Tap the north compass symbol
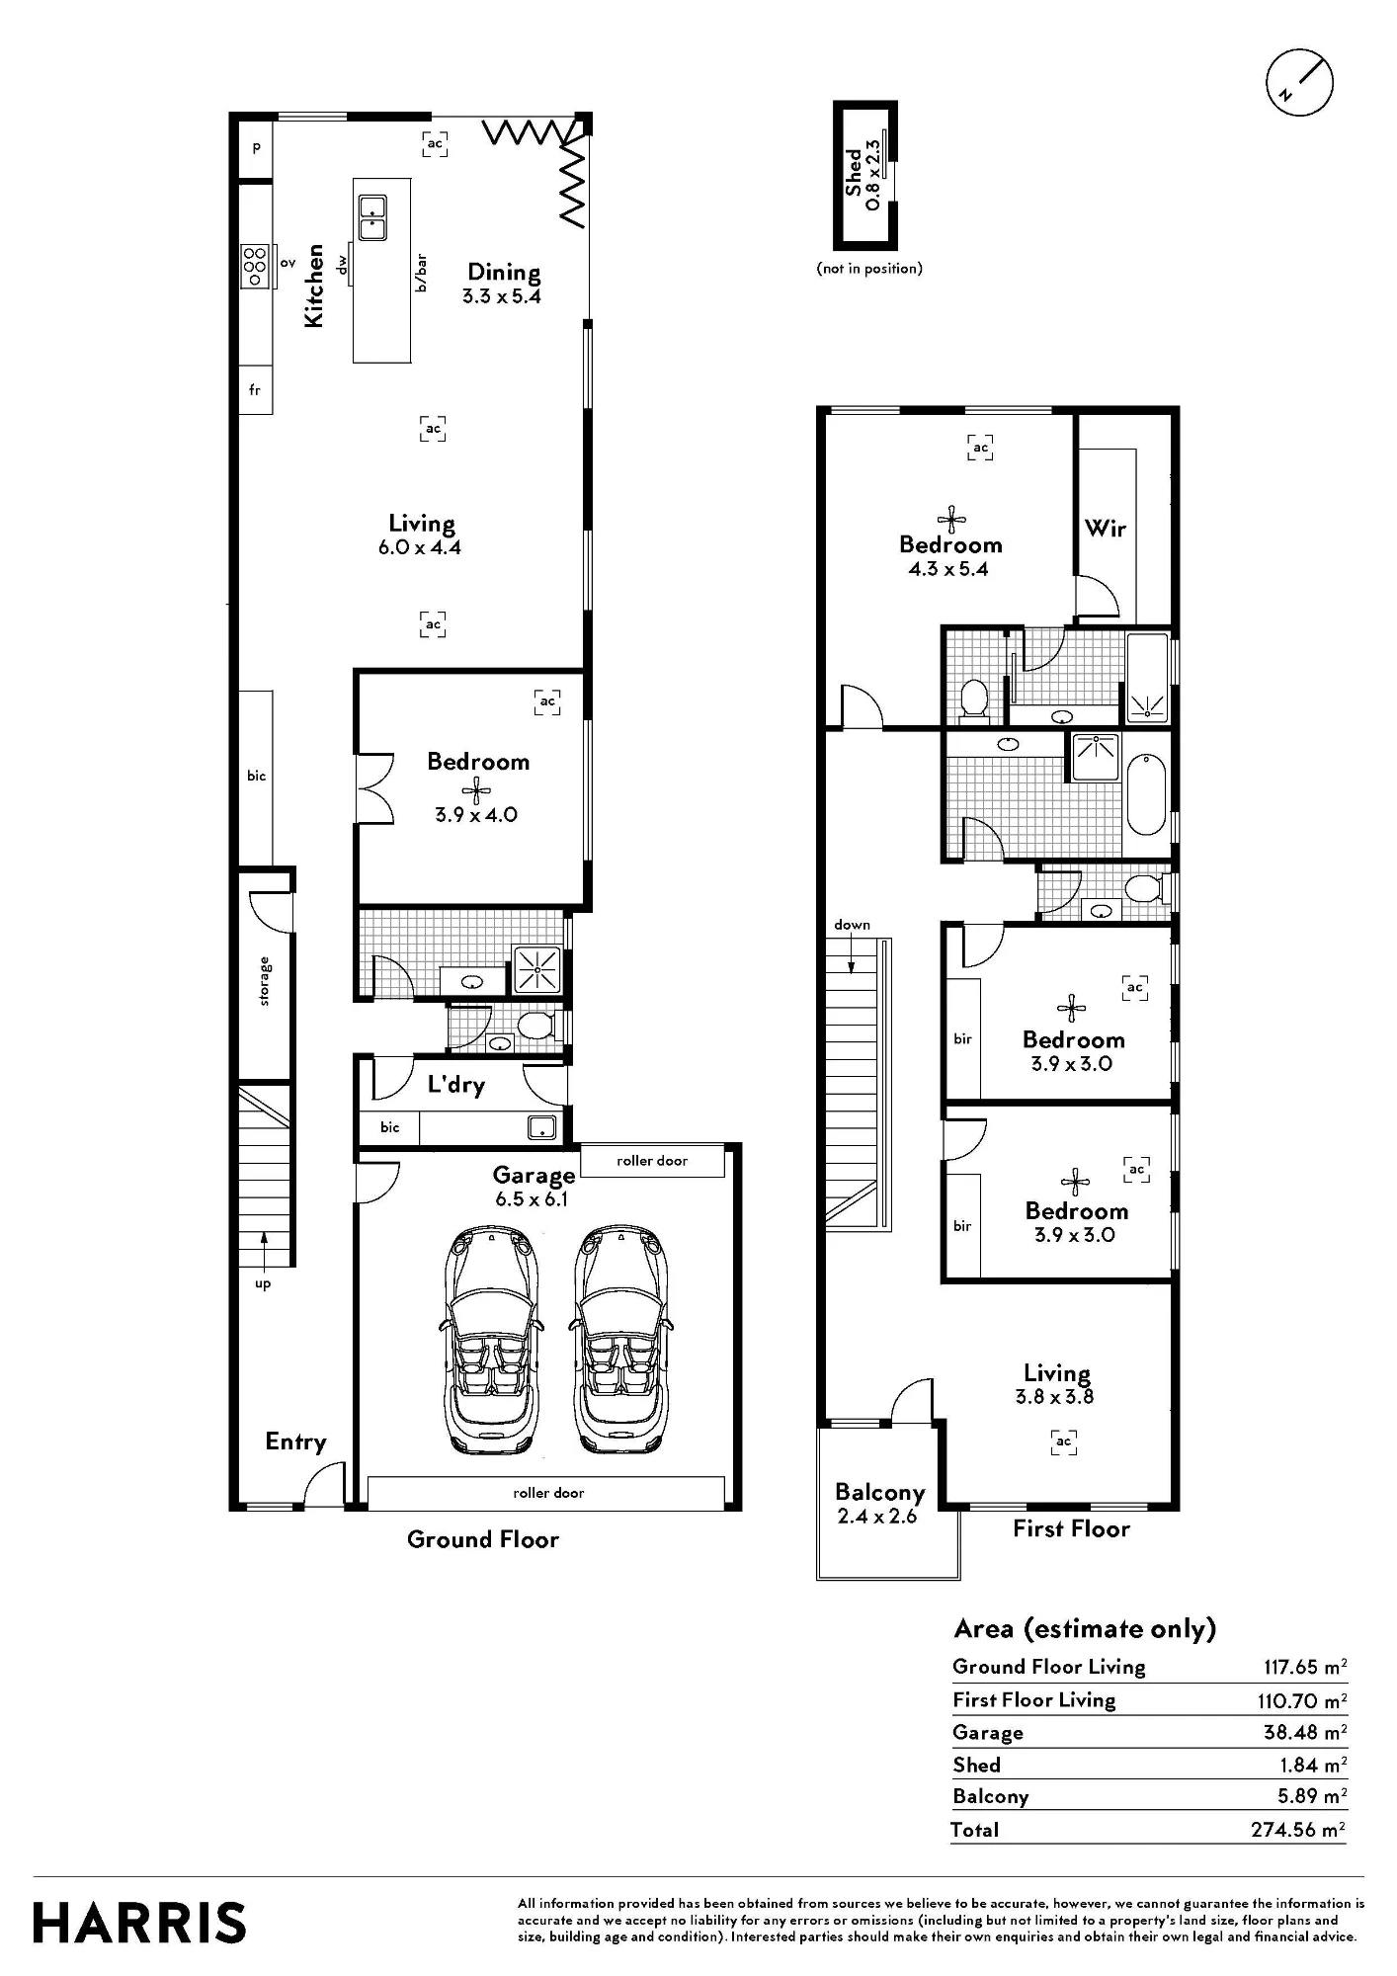coord(1299,83)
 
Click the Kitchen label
coord(313,286)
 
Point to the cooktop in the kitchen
coord(256,265)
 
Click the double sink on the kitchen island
coord(372,217)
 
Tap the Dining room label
coord(504,272)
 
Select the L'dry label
coord(455,1085)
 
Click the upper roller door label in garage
coord(652,1161)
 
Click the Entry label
coord(295,1442)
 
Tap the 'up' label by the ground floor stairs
coord(263,1284)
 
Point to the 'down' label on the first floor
coord(852,925)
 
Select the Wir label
coord(1106,529)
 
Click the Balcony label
coord(879,1493)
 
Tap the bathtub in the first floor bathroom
coord(1146,794)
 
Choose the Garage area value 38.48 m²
coord(1304,1732)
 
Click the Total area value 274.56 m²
coord(1298,1830)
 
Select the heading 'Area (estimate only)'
coord(1085,1629)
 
